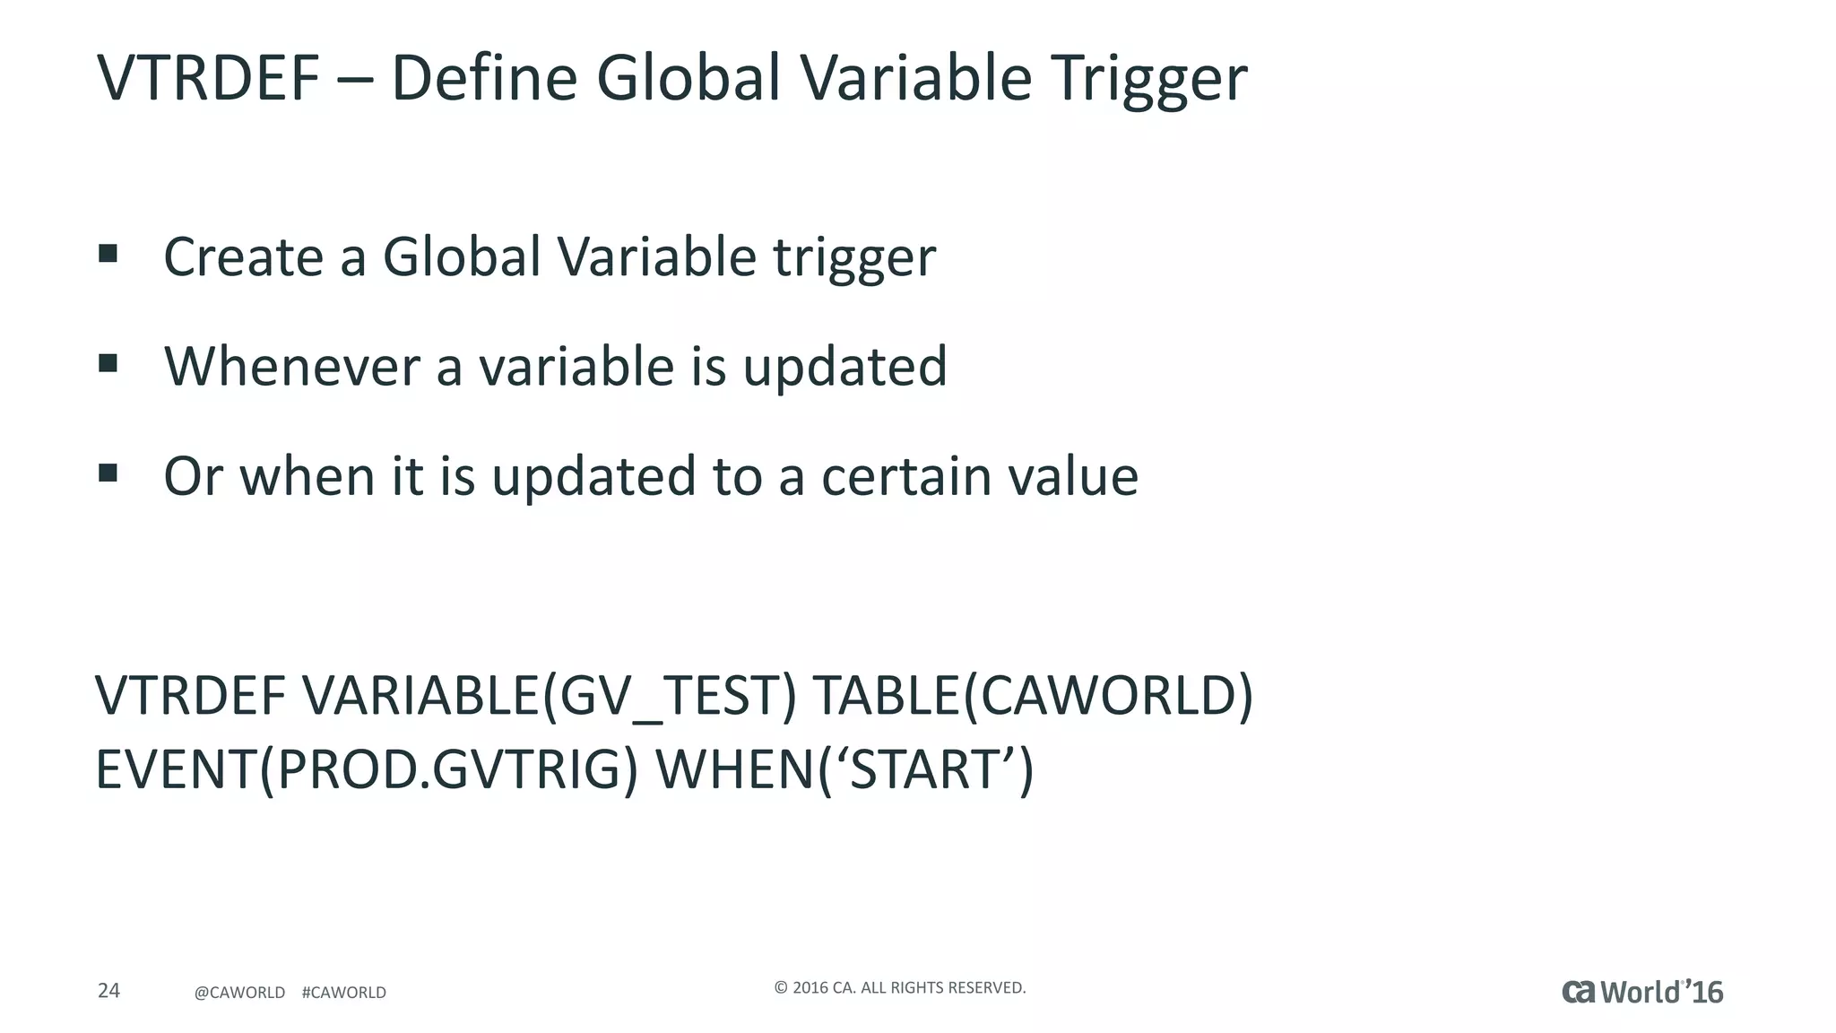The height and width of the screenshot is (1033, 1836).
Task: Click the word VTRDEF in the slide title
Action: coord(208,78)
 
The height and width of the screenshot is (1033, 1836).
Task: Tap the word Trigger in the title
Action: coord(1149,78)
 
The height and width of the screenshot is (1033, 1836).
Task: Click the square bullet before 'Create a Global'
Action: coord(108,254)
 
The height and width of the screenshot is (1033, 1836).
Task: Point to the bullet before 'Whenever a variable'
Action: coord(108,363)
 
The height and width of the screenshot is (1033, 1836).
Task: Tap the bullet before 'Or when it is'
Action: coord(108,473)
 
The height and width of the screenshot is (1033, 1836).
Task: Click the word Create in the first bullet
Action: coord(243,257)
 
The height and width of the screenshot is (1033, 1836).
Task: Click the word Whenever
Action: coord(292,367)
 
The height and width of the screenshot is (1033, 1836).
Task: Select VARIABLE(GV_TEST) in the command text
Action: coord(549,696)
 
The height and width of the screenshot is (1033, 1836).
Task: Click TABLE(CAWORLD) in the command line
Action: coord(1032,696)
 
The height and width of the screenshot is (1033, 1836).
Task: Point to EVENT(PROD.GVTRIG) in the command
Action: coord(367,770)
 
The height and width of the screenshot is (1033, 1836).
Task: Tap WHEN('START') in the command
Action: coord(844,770)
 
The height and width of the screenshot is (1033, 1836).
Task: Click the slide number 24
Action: coord(108,991)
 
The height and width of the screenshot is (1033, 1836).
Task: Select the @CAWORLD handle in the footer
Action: coord(239,993)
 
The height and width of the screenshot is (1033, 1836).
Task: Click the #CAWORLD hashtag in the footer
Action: coord(344,993)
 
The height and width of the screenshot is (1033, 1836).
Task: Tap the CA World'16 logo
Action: coord(1641,992)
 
